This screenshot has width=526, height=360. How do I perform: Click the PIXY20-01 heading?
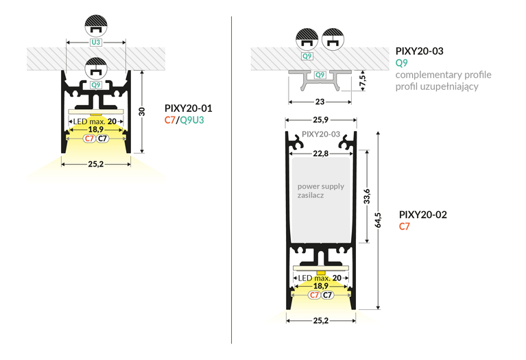coord(188,108)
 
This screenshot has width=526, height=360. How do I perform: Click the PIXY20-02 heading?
coord(422,215)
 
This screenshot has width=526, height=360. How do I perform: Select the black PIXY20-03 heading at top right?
coord(419,51)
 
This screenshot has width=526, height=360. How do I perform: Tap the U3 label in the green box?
coord(96,43)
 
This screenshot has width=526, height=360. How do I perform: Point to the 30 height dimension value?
coord(142,112)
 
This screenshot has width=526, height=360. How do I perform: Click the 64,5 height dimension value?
coord(378,220)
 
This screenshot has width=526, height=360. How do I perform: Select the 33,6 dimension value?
coord(367,196)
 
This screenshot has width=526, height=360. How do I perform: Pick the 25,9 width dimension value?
coord(321,120)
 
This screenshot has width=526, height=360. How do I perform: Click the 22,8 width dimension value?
coord(321,154)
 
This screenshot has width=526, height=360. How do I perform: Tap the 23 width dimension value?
coord(320,101)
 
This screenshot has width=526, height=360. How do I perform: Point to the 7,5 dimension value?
coord(362,80)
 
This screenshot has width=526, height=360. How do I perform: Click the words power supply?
coord(321,187)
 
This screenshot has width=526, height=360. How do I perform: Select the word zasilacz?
coord(311,195)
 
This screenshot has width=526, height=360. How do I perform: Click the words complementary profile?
coord(443,75)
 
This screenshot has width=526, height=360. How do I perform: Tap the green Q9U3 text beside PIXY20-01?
coord(192,120)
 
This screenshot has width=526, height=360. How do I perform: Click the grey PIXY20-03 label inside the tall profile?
coord(321,134)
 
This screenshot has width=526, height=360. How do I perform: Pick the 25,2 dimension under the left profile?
coord(96,164)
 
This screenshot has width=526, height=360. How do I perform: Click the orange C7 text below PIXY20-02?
coord(404,226)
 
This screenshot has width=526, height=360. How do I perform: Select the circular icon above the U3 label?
coord(96,25)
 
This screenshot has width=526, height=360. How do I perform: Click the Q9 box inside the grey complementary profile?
coord(320,75)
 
